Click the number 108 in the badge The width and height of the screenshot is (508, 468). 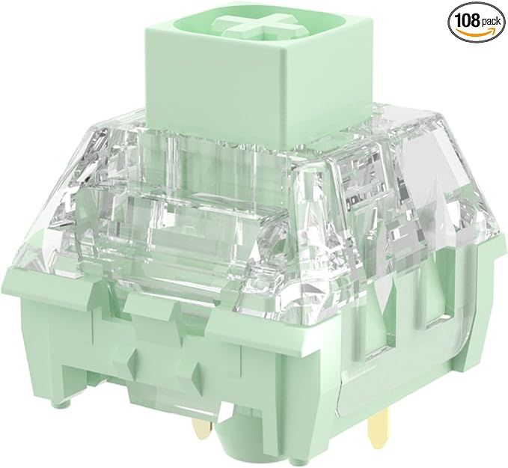[x=467, y=20]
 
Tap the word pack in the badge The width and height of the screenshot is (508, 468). [x=491, y=22]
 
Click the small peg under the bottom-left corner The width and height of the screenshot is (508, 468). [x=64, y=401]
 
